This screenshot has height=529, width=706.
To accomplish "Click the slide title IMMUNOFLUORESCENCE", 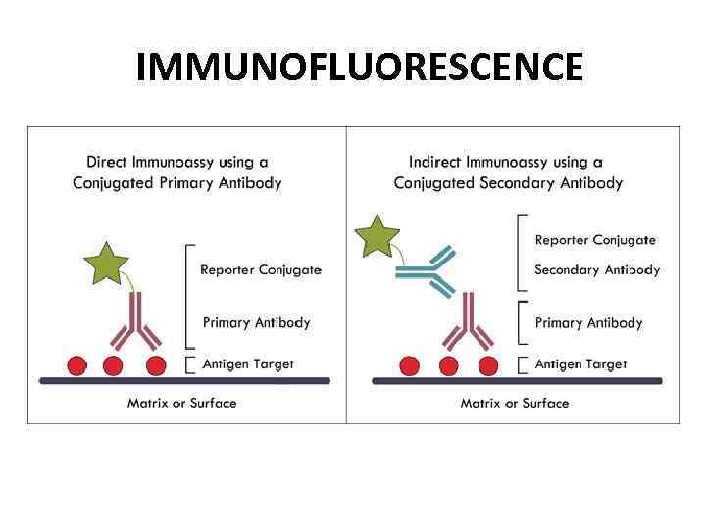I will (x=359, y=68).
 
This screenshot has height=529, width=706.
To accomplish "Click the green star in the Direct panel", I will (x=107, y=262).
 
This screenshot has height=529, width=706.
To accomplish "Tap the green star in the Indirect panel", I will (x=377, y=236).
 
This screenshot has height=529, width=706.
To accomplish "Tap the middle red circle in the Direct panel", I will (x=113, y=365).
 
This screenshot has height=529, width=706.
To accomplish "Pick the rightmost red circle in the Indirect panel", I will (x=487, y=365).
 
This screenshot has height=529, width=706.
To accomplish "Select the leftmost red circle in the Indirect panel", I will (x=410, y=365).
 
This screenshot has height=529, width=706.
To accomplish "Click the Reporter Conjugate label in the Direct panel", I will (x=261, y=270).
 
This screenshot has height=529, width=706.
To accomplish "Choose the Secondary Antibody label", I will (x=597, y=270).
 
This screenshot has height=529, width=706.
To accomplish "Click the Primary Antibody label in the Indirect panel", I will (x=588, y=323).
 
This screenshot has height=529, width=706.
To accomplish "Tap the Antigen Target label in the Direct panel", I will (x=248, y=364).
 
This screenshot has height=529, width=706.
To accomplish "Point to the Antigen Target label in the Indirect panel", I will (x=580, y=364).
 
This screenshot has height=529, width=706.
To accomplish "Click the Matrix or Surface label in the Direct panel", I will (x=181, y=403).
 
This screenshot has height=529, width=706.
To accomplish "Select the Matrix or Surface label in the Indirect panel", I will (x=515, y=403).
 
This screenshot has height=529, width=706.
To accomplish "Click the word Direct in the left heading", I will (x=107, y=162).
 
